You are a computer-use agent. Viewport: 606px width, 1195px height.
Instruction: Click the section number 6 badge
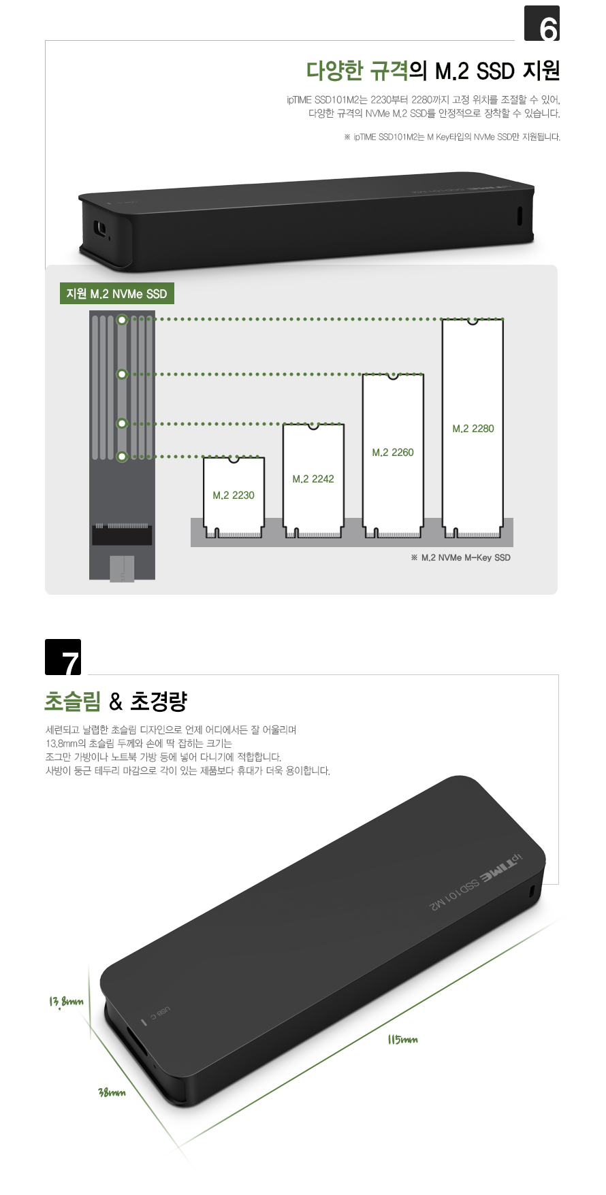(x=542, y=24)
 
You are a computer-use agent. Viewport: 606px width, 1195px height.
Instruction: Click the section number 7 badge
(x=63, y=657)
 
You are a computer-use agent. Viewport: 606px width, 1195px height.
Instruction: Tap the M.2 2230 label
(x=234, y=495)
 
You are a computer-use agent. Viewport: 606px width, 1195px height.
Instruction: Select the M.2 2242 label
(x=313, y=479)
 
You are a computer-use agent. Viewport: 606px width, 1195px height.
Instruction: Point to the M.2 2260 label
(x=393, y=453)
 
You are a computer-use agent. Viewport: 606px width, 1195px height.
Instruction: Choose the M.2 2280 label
(x=473, y=429)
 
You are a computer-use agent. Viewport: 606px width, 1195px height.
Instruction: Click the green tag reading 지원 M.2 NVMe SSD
(x=116, y=294)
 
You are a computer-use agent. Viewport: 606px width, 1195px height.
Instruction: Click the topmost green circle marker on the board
(x=122, y=319)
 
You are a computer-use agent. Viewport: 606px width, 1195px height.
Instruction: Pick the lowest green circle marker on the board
(x=122, y=457)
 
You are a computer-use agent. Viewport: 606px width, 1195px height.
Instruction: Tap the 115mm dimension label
(x=402, y=1040)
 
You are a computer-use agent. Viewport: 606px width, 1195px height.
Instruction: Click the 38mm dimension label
(x=112, y=1093)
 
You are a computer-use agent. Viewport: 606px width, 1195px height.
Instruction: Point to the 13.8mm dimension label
(x=66, y=1002)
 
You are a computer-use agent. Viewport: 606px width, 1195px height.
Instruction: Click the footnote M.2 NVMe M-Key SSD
(x=461, y=558)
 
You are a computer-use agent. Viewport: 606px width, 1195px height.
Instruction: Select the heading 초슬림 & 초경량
(x=116, y=701)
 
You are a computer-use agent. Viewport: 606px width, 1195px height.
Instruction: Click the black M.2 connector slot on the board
(x=122, y=535)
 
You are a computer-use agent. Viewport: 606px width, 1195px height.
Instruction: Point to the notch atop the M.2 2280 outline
(x=473, y=321)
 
